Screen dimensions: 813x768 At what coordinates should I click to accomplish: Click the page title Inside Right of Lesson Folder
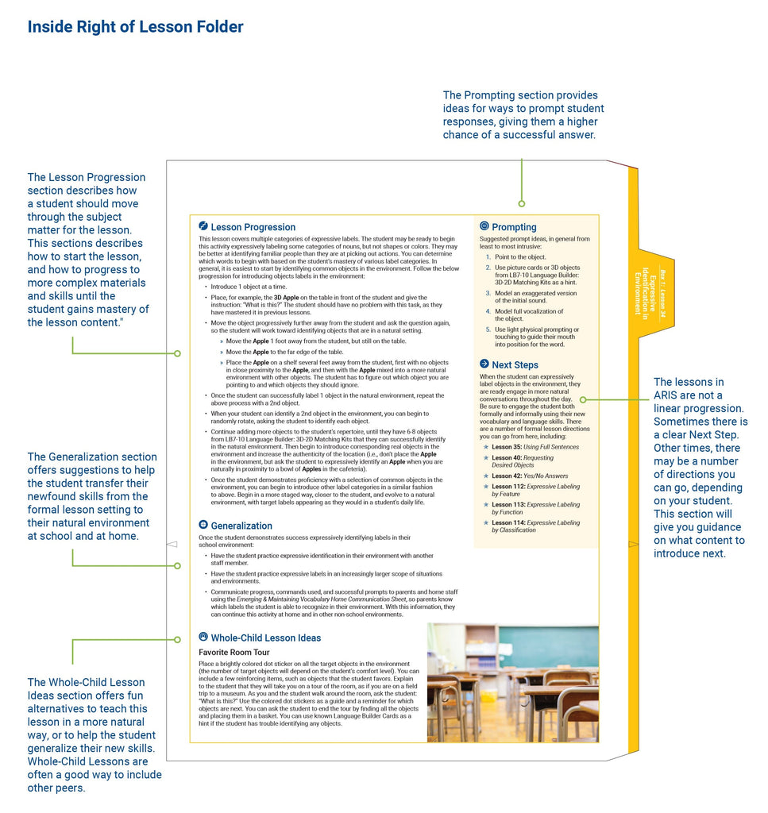click(x=135, y=27)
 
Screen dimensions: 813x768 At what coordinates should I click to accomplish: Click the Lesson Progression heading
click(x=253, y=227)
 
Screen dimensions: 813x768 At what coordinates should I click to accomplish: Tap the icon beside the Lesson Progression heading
click(x=203, y=226)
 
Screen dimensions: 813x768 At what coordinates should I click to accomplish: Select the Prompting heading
click(x=514, y=227)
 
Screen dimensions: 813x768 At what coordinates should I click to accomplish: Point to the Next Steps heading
click(x=515, y=364)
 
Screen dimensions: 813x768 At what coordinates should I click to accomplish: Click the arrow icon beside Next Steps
click(x=484, y=364)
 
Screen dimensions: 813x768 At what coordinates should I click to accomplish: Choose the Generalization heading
click(x=241, y=526)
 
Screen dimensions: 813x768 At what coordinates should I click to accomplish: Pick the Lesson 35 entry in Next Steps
click(x=535, y=447)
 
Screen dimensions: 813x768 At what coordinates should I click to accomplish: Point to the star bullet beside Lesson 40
click(x=485, y=457)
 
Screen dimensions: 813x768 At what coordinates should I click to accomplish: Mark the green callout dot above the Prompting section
click(x=521, y=203)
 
